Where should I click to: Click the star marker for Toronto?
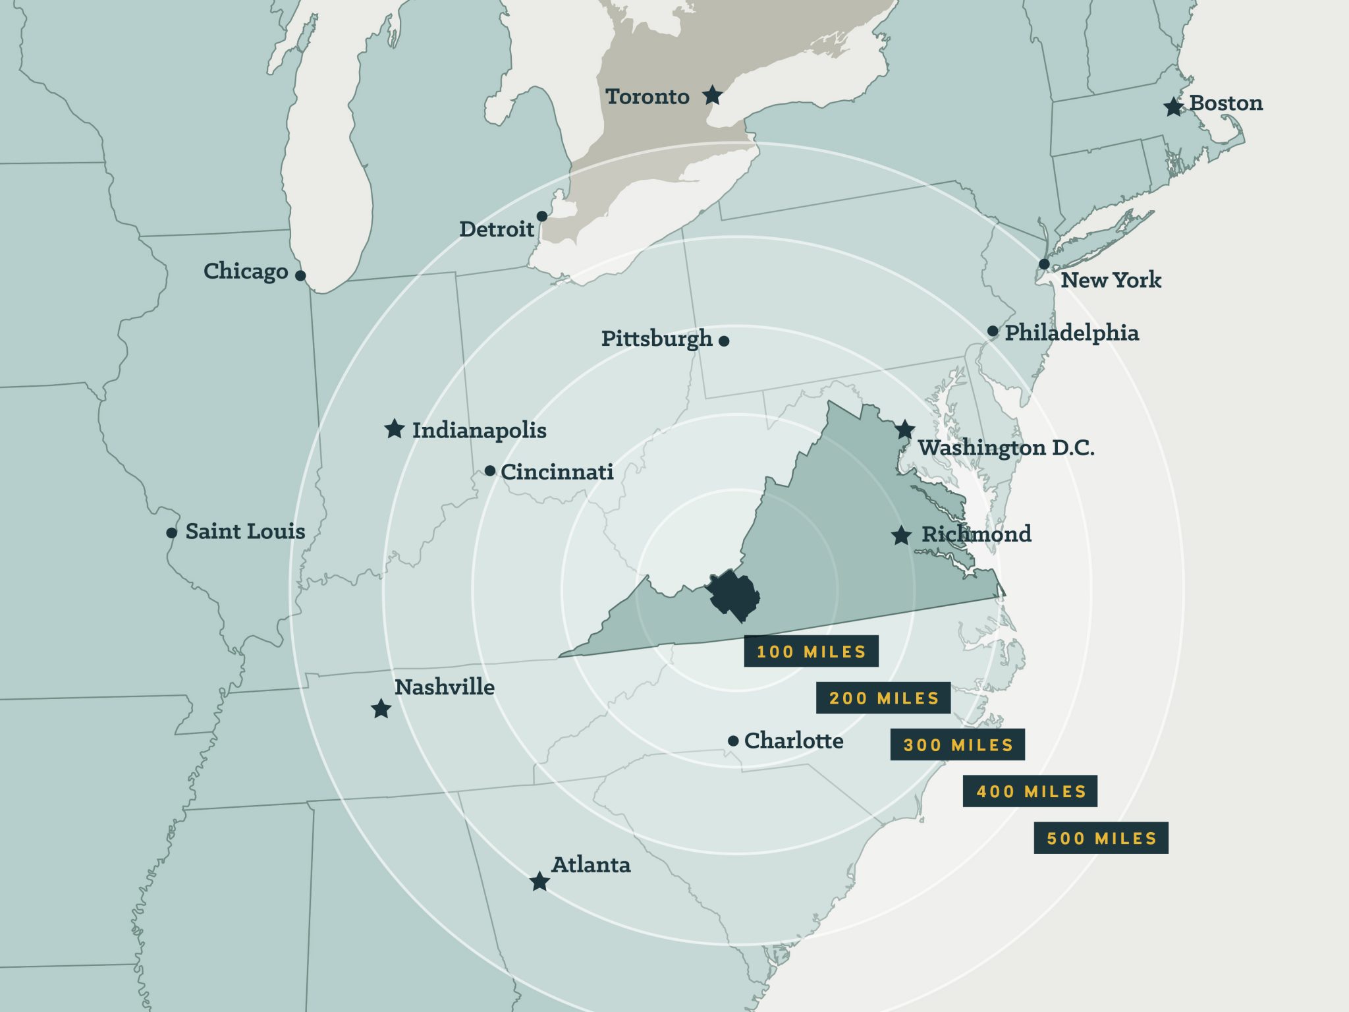[712, 96]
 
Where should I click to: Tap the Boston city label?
[1226, 103]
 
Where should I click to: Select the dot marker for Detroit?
[541, 216]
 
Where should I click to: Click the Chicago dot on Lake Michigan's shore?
[300, 275]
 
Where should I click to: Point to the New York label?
[1111, 280]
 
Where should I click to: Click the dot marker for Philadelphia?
[993, 331]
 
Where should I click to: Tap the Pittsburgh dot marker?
[724, 341]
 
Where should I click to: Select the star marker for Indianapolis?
[394, 429]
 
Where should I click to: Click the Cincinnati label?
[557, 472]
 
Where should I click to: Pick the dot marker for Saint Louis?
[171, 532]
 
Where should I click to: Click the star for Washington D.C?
[904, 430]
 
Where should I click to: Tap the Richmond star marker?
[901, 535]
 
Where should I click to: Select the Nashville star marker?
[381, 710]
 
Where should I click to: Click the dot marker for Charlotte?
[733, 741]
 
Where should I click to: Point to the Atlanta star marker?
[539, 882]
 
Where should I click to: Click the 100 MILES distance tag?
[811, 652]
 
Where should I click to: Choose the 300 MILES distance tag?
[957, 745]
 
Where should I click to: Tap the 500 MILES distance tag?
[1101, 838]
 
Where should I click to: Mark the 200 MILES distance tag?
[883, 698]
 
